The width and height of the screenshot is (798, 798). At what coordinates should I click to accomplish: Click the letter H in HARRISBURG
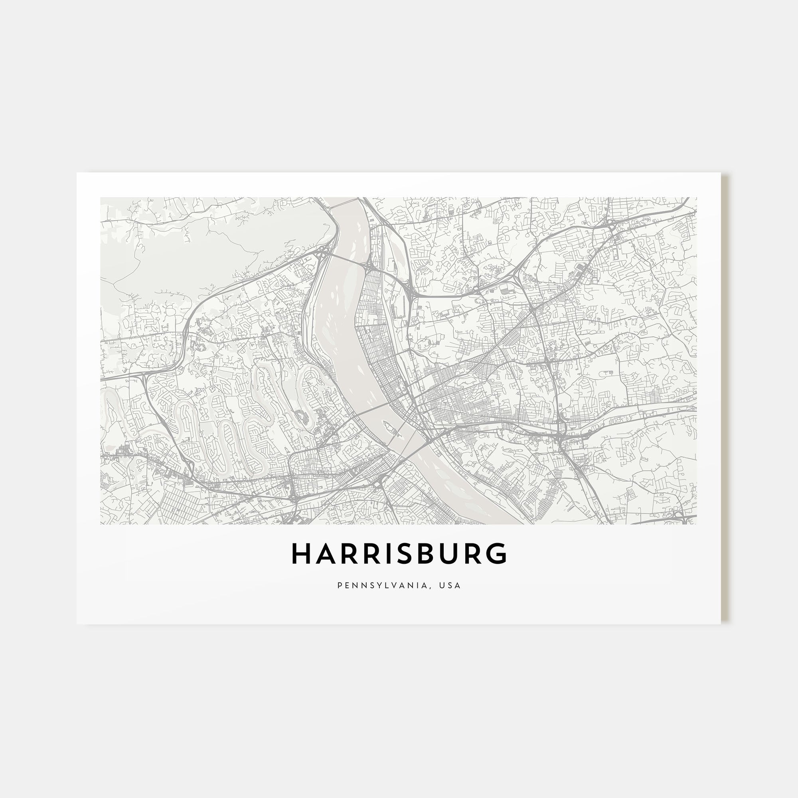tap(302, 553)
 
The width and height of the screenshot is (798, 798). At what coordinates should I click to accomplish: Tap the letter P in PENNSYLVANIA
tap(340, 585)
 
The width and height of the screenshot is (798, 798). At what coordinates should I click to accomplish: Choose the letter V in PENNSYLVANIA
tap(396, 585)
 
